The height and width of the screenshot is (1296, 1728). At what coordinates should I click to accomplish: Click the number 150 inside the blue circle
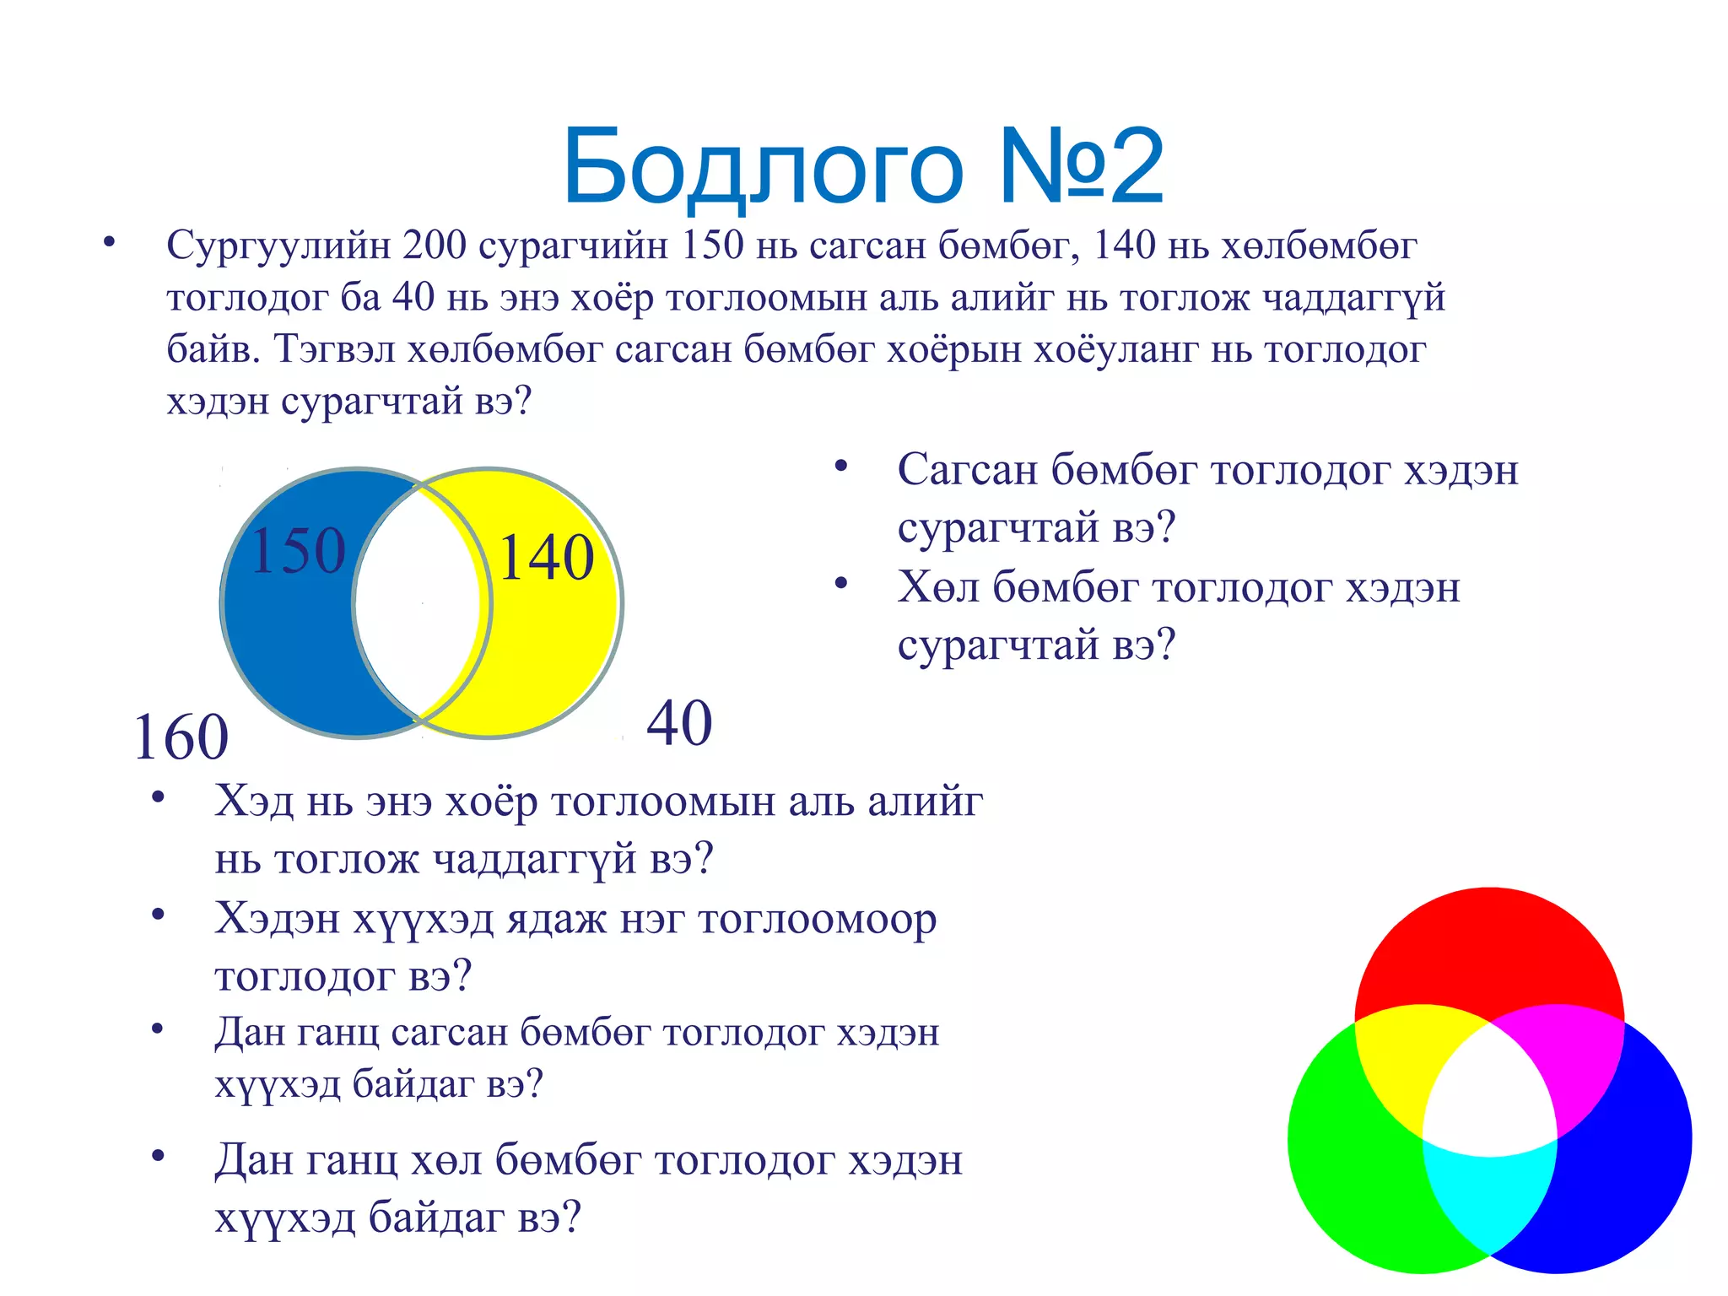(x=299, y=551)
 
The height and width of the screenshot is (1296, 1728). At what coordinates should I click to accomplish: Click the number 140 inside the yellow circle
(x=547, y=558)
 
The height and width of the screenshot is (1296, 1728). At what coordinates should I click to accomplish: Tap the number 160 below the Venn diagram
(x=181, y=737)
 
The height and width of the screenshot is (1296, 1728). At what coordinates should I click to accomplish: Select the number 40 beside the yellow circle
(x=679, y=724)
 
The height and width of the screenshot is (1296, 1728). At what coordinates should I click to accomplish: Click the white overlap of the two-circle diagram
(x=420, y=603)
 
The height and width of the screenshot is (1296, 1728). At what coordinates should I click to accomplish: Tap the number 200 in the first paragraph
(x=435, y=246)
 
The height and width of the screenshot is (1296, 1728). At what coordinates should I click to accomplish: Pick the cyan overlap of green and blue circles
(x=1489, y=1198)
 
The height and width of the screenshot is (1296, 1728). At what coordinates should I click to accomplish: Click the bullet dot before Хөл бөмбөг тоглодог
(x=840, y=584)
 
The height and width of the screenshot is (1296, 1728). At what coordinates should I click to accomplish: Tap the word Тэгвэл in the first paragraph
(x=335, y=349)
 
